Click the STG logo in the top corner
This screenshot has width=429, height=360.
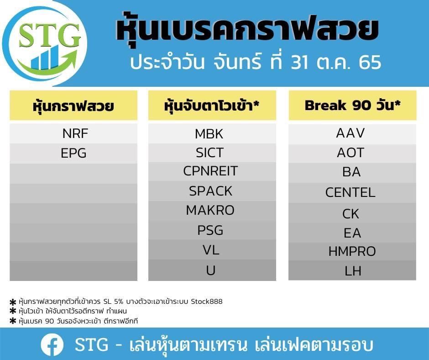[45, 43]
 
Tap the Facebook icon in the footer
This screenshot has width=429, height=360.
[52, 344]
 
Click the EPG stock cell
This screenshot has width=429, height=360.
[73, 153]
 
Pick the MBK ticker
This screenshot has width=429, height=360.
[209, 134]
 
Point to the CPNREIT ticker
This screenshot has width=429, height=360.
[210, 171]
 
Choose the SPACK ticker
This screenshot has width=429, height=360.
[210, 191]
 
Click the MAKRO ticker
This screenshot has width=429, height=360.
[210, 211]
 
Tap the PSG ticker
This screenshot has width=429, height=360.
[210, 230]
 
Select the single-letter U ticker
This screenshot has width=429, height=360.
[211, 270]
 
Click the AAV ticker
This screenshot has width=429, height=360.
[351, 133]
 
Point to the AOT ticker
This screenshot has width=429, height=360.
[351, 153]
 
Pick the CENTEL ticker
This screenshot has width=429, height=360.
[350, 192]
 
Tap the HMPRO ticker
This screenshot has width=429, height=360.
[352, 251]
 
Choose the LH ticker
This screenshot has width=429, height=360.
[353, 271]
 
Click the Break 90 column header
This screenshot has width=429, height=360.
[352, 106]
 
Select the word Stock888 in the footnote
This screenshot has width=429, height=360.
[207, 302]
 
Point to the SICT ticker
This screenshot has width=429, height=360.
[210, 153]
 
